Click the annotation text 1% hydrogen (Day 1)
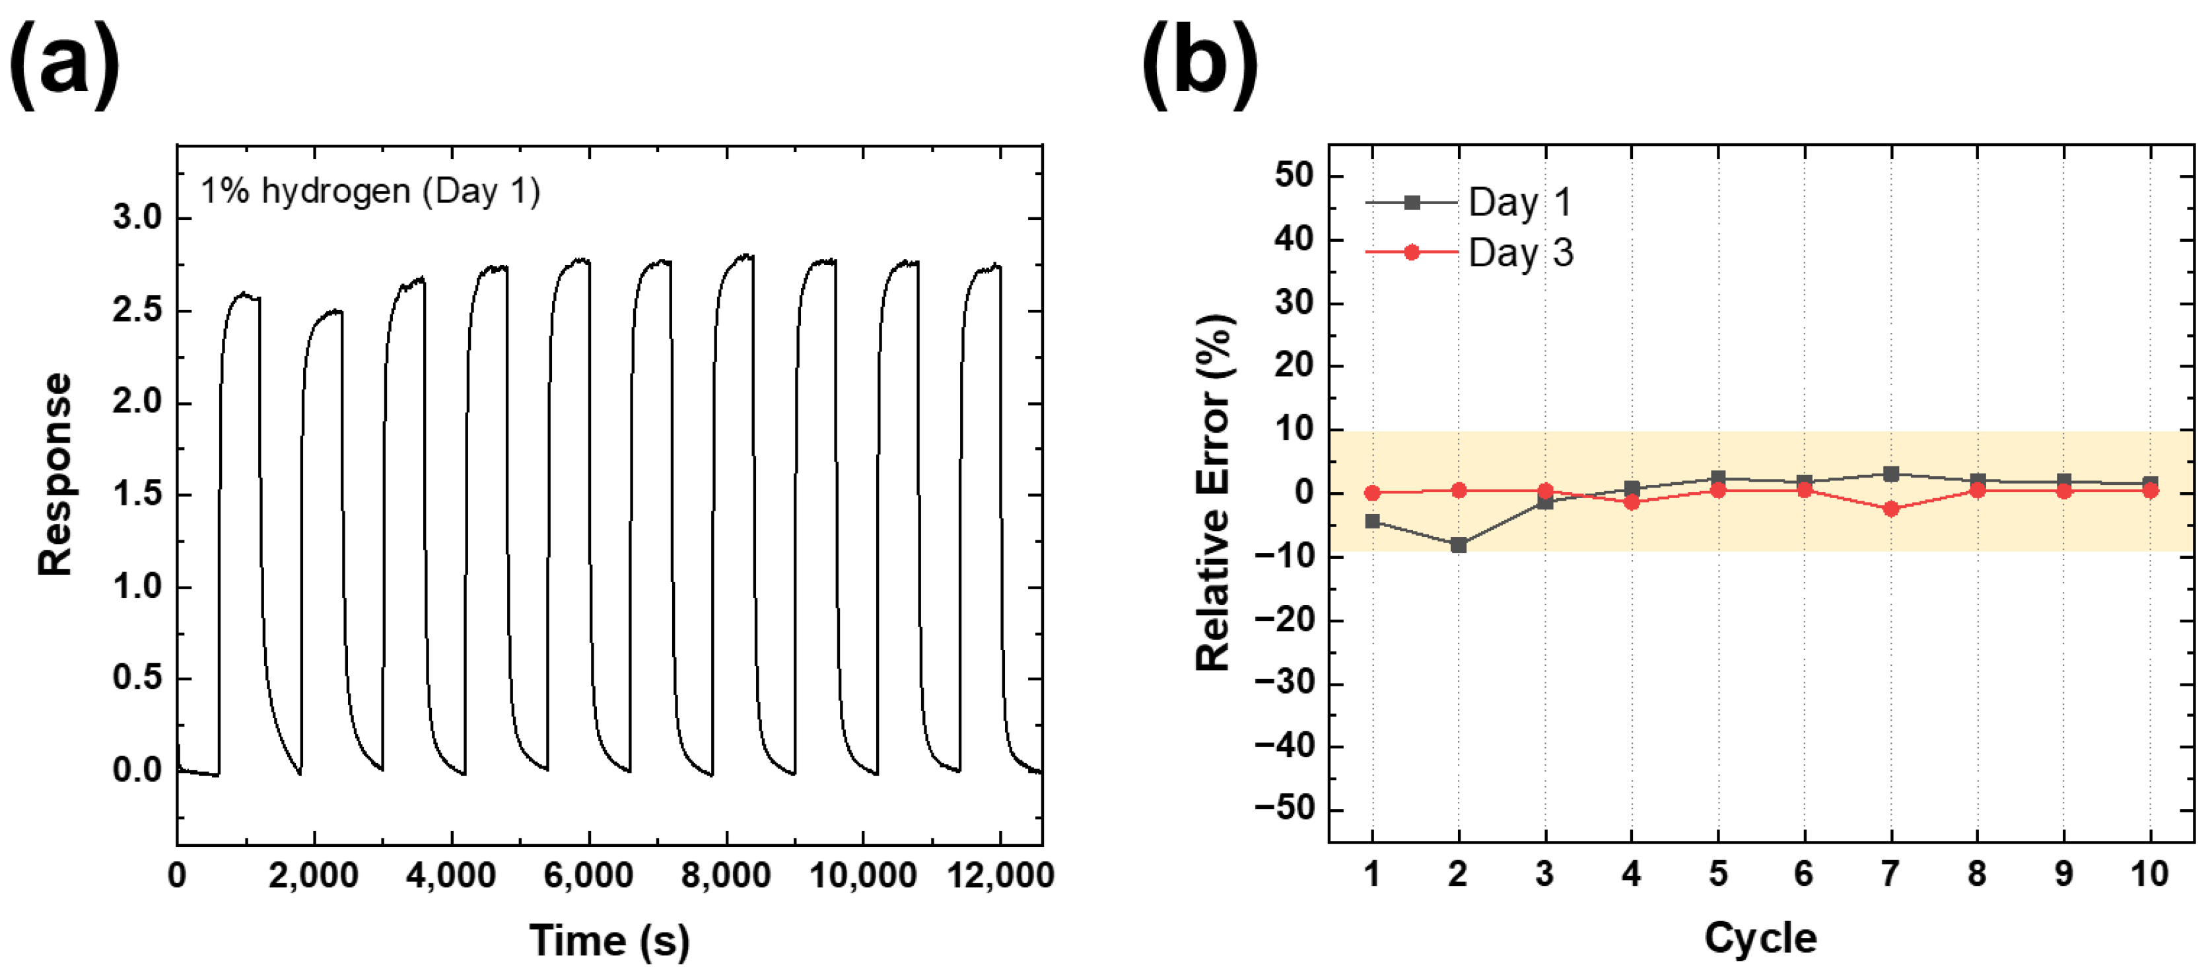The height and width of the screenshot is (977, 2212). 370,191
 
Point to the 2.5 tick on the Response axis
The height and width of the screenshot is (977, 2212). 137,310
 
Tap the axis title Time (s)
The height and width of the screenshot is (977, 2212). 609,940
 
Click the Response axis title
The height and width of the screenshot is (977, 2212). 55,474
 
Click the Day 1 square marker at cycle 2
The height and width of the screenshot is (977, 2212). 1458,545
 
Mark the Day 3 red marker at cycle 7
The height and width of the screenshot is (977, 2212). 1890,509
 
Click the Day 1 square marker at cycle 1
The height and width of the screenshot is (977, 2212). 1372,521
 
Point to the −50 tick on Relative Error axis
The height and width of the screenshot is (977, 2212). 1284,809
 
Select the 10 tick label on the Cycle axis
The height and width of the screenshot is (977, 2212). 2149,874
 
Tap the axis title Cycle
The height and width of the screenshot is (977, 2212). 1760,937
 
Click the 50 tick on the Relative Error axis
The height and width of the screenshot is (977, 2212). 1294,175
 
